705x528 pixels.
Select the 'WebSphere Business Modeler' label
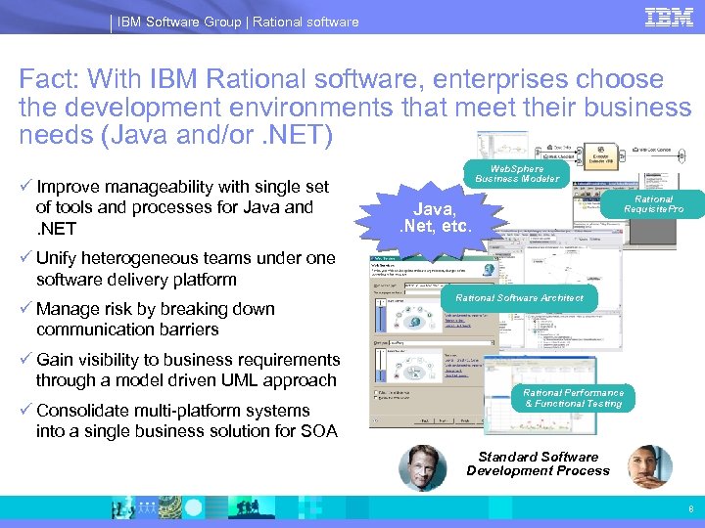pyautogui.click(x=517, y=173)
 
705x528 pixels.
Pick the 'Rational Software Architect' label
pyautogui.click(x=519, y=298)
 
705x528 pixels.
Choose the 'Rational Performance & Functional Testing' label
pyautogui.click(x=573, y=398)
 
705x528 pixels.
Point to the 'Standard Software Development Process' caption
pyautogui.click(x=538, y=463)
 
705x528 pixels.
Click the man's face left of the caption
pyautogui.click(x=422, y=466)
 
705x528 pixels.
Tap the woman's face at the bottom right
pyautogui.click(x=648, y=466)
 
